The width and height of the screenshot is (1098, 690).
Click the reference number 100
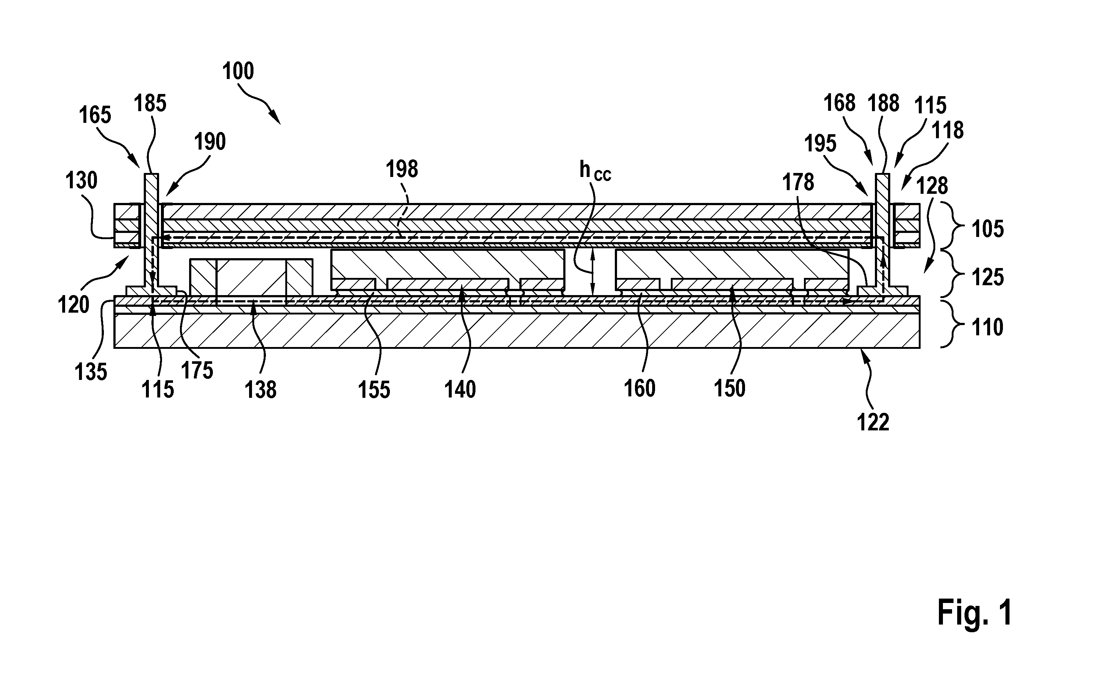click(238, 72)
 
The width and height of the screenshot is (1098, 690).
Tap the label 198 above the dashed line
click(402, 169)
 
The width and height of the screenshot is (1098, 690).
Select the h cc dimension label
click(595, 171)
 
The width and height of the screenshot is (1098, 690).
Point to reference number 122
click(873, 422)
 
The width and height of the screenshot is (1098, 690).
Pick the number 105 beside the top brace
click(988, 229)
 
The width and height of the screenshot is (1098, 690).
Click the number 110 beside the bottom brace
click(988, 327)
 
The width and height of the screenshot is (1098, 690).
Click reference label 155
click(374, 390)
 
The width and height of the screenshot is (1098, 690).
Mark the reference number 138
click(260, 390)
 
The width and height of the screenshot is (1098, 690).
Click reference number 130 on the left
click(82, 181)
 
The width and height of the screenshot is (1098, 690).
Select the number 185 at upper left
click(150, 103)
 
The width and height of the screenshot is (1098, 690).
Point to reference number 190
click(210, 142)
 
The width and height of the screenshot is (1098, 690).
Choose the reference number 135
click(91, 372)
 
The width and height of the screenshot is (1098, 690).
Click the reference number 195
click(820, 144)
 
